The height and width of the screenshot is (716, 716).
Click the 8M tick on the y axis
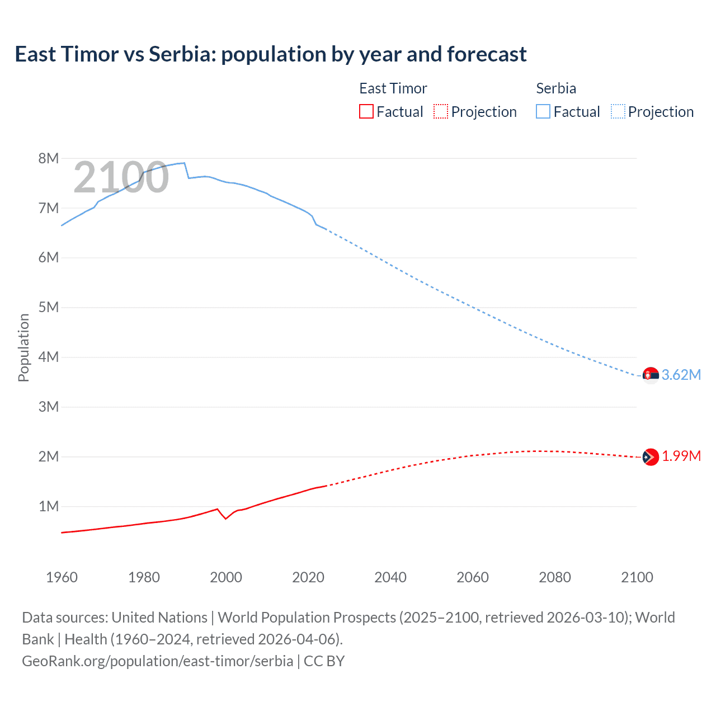(49, 158)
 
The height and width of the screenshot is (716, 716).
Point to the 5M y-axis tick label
(49, 307)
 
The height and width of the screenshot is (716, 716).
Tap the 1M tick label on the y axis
(49, 506)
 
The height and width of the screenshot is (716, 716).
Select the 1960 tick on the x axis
(62, 577)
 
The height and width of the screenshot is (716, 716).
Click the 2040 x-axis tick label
(390, 577)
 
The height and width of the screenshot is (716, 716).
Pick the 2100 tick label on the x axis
(637, 577)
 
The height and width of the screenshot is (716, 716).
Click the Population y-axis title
(23, 347)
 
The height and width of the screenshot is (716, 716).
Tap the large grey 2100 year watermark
(121, 177)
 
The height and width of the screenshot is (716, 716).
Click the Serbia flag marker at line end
(650, 375)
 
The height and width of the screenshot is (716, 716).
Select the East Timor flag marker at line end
(650, 457)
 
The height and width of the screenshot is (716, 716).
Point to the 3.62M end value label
(681, 375)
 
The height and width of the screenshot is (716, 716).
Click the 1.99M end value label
(681, 456)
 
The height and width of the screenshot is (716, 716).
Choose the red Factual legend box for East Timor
(366, 111)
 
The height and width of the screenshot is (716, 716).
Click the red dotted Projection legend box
(441, 111)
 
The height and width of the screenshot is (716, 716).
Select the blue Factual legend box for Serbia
(543, 111)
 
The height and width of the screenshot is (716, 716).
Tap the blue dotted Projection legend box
(618, 111)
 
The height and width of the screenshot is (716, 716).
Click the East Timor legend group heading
(393, 88)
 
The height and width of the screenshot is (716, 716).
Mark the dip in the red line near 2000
(226, 519)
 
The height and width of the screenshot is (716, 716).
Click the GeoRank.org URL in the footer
(157, 661)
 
